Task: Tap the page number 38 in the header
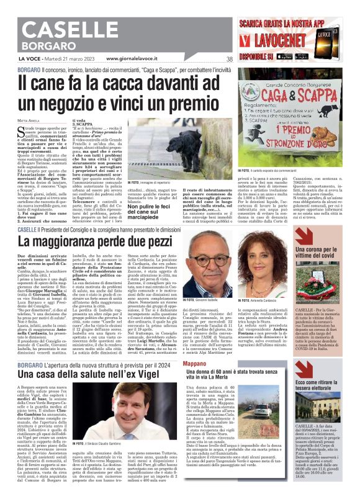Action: [230, 59]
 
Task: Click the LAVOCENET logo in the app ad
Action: [290, 40]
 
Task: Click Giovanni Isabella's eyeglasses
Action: [200, 269]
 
